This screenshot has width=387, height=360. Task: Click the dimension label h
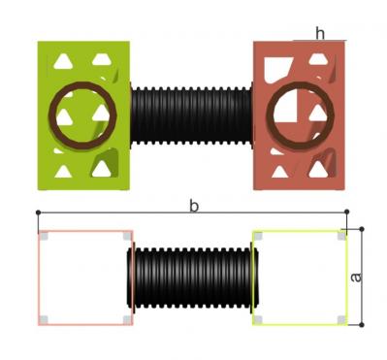[320, 33]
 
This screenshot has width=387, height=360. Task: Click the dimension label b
[194, 206]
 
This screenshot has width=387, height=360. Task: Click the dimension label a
[356, 278]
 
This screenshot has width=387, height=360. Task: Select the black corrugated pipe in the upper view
[191, 115]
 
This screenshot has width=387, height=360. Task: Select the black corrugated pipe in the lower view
[192, 278]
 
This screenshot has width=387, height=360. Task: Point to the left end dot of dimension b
[38, 213]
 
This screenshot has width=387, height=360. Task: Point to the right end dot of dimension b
[347, 213]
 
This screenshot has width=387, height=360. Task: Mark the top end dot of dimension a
[362, 229]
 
